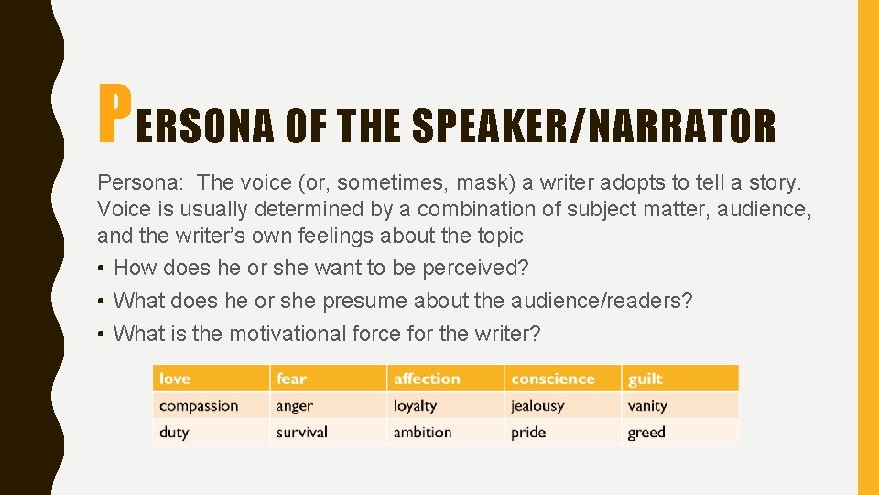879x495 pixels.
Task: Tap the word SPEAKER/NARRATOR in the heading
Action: pos(593,126)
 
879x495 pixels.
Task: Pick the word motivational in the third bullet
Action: pos(287,334)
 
